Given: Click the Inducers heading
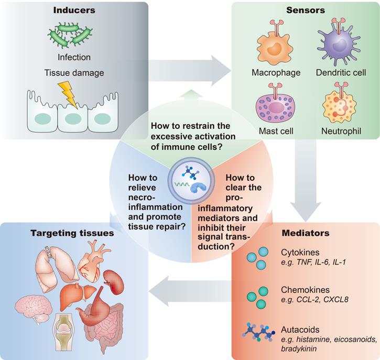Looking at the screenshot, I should (74, 10).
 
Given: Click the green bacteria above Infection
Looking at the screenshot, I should (74, 36).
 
